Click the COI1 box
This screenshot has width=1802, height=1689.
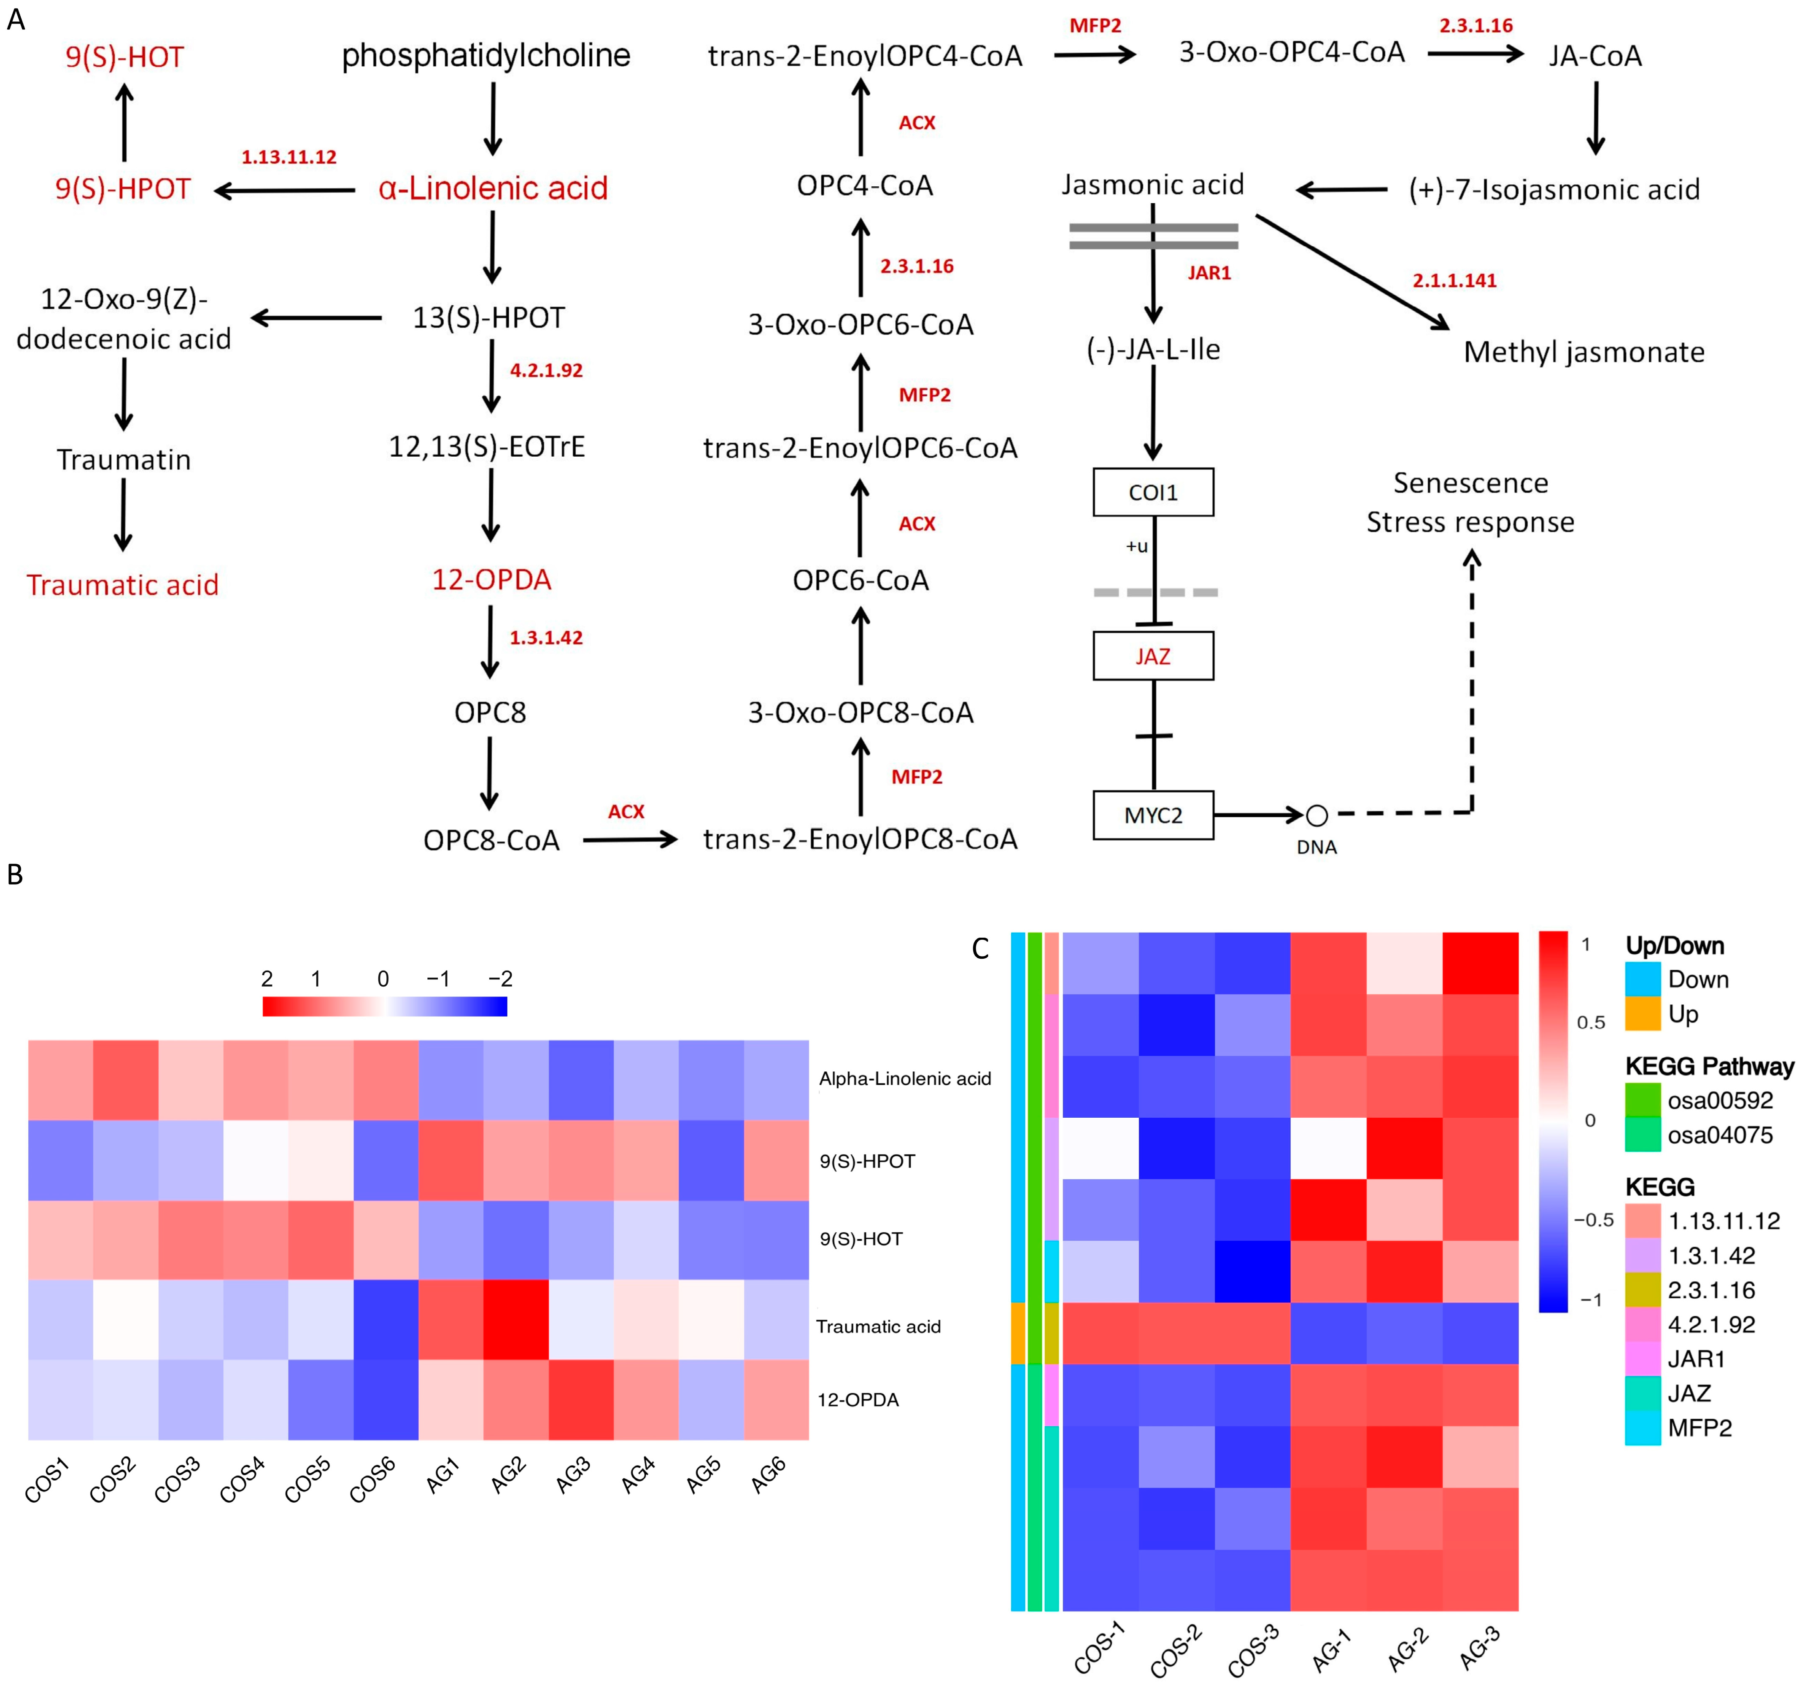pyautogui.click(x=1153, y=492)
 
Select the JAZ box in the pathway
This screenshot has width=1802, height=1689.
pyautogui.click(x=1153, y=656)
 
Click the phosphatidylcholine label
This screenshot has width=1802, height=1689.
pyautogui.click(x=486, y=56)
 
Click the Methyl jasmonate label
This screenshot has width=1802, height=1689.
pyautogui.click(x=1583, y=352)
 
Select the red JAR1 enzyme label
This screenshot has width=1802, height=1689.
pyautogui.click(x=1209, y=273)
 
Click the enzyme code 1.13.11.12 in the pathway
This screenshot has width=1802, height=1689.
pyautogui.click(x=288, y=157)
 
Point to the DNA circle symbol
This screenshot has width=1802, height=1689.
pyautogui.click(x=1317, y=815)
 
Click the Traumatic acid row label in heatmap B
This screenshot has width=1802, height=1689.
pyautogui.click(x=878, y=1326)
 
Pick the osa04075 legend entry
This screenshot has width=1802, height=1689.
pyautogui.click(x=1719, y=1135)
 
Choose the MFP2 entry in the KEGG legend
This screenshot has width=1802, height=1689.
pyautogui.click(x=1699, y=1428)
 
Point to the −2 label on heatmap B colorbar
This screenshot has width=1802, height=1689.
pyautogui.click(x=500, y=979)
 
